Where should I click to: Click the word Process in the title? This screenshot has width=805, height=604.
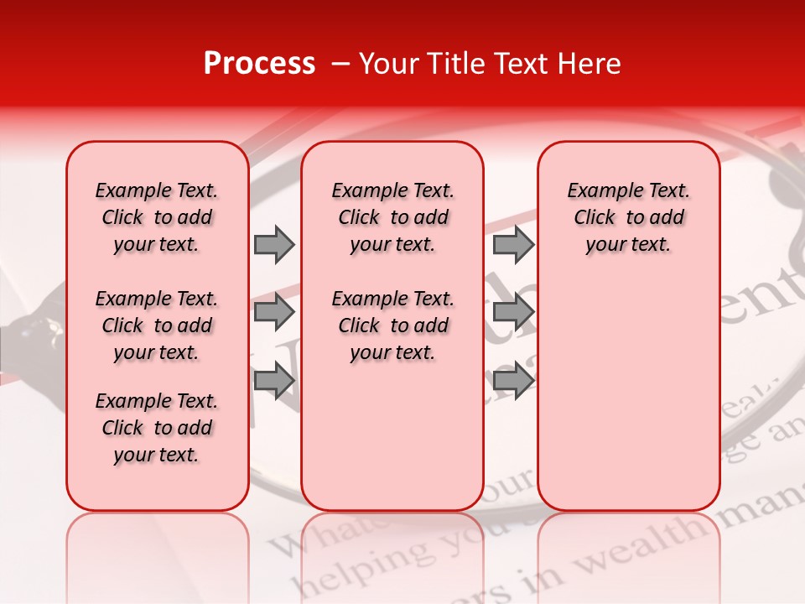[258, 64]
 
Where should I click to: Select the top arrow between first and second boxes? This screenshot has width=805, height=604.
[273, 244]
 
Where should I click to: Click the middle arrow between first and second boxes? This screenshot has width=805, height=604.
[273, 312]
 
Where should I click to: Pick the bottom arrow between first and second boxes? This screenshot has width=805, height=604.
[273, 381]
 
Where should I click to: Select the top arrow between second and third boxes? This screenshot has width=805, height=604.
[513, 244]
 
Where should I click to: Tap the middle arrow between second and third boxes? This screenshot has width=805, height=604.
[513, 312]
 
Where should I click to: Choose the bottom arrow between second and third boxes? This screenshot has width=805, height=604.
[513, 381]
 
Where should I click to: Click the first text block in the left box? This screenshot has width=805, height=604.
[157, 218]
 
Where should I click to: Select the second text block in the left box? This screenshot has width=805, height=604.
[157, 325]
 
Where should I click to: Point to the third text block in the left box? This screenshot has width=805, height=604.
[157, 428]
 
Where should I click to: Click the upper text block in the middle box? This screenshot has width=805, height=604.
[392, 218]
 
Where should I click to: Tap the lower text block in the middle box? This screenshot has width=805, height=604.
[392, 325]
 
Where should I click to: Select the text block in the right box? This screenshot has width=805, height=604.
[628, 218]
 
